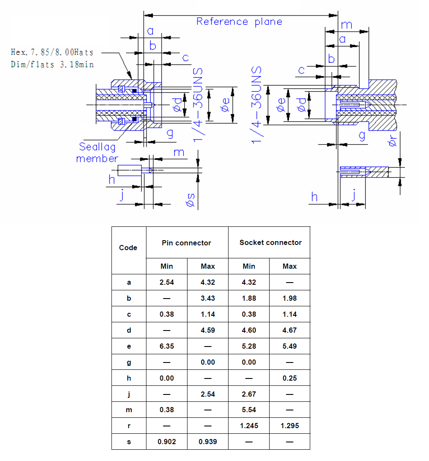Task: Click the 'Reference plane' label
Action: click(239, 22)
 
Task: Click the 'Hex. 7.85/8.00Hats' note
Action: click(52, 52)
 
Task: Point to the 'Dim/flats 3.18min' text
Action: click(52, 64)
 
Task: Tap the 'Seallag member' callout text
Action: click(97, 153)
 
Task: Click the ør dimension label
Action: click(392, 140)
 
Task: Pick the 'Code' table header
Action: click(128, 248)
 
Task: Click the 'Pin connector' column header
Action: click(187, 243)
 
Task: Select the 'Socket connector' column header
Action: click(270, 242)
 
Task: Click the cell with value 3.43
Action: click(208, 298)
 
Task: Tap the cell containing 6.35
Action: click(167, 346)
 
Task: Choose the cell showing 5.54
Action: click(249, 410)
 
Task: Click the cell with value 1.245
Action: click(249, 426)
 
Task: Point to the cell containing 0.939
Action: click(208, 442)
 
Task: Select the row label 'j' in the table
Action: click(129, 394)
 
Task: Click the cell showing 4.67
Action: click(290, 330)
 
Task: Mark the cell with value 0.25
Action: click(290, 378)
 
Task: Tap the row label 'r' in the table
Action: click(129, 426)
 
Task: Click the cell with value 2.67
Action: click(249, 394)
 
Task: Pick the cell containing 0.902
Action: click(167, 442)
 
